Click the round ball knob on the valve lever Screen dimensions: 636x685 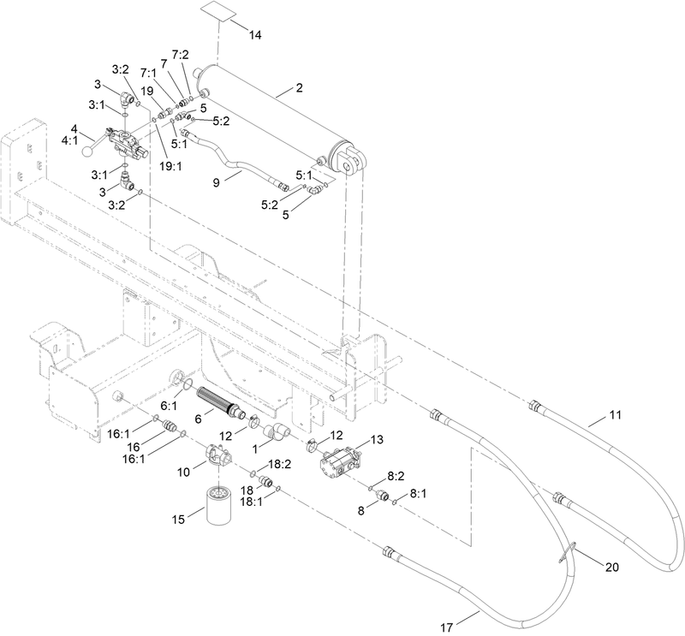pos(88,152)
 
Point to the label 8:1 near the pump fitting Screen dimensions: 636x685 pos(419,494)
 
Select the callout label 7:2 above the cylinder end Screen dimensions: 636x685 pos(181,55)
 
